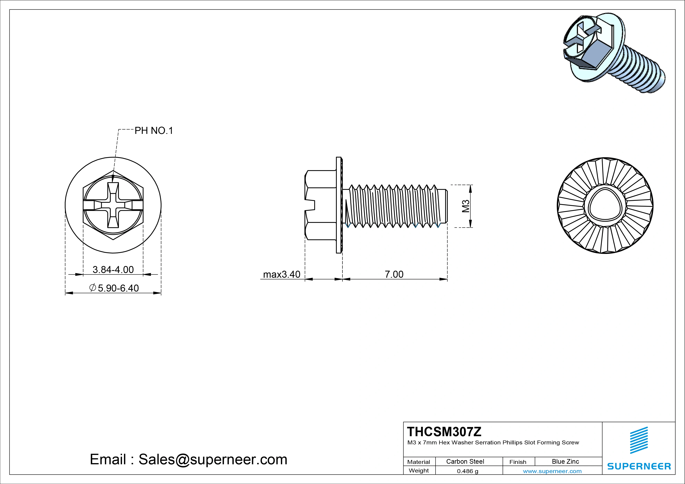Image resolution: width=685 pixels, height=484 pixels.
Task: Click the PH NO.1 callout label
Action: [154, 131]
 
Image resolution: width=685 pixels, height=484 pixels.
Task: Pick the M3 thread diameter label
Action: [466, 206]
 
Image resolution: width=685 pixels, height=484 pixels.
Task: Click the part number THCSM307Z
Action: [444, 432]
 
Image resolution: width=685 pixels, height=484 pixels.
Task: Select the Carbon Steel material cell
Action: [465, 461]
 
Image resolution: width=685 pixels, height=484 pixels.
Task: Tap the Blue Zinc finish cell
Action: [565, 461]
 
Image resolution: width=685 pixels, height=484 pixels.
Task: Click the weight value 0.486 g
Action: [467, 471]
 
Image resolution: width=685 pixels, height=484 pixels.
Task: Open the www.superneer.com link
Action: [552, 471]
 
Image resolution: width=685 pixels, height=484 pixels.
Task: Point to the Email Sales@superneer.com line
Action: [188, 459]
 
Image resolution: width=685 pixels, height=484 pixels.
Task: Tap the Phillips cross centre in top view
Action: [113, 205]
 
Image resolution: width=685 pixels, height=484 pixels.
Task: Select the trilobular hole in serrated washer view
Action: [605, 206]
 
